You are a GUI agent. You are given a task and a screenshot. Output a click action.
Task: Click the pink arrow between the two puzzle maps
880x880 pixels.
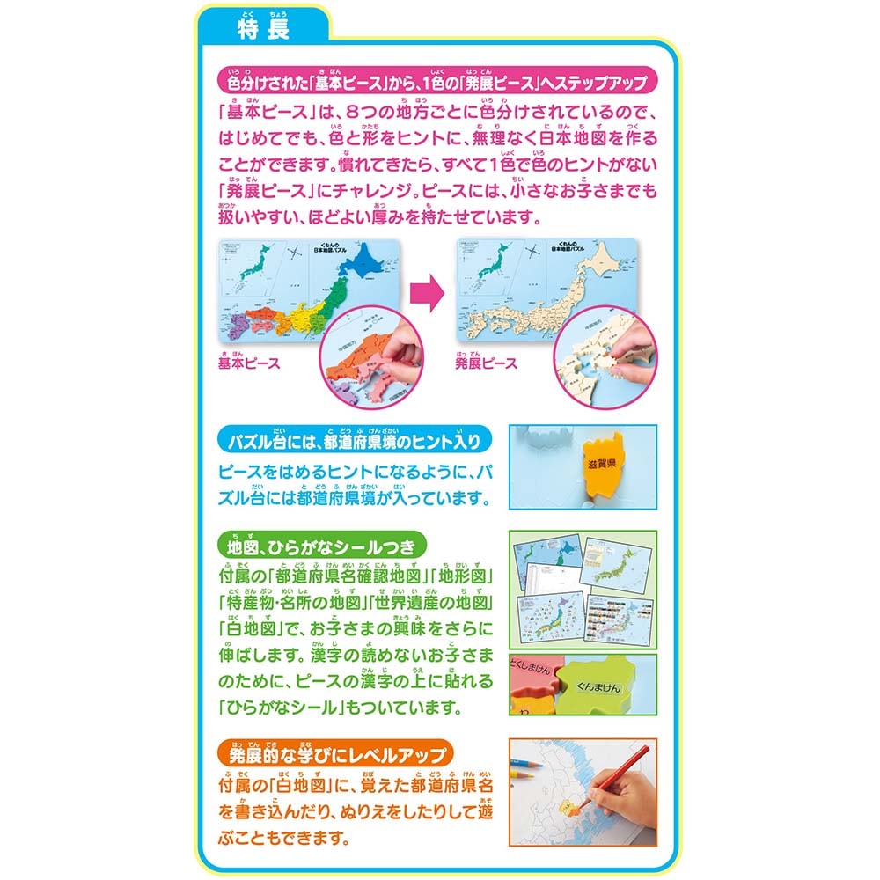click(x=427, y=295)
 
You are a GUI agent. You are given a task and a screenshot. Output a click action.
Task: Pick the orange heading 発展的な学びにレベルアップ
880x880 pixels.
click(x=336, y=755)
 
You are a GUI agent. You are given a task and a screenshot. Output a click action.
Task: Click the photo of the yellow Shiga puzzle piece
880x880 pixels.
click(x=582, y=466)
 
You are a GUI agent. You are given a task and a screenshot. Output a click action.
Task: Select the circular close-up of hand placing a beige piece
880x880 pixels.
click(x=606, y=356)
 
